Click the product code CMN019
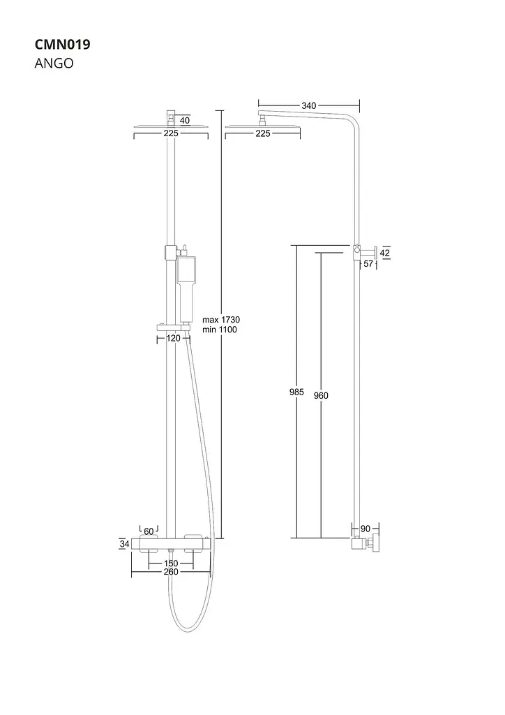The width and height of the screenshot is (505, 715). coord(62,44)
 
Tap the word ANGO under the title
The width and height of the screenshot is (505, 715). coord(54,64)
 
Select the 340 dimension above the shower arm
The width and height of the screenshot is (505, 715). coord(309,106)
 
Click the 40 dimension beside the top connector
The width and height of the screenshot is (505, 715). coord(185,120)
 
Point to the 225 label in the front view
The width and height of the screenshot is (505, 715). coord(171,133)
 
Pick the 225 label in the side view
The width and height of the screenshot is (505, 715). coord(263,133)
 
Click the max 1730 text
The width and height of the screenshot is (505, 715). coord(221,320)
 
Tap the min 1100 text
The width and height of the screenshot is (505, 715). coord(220,330)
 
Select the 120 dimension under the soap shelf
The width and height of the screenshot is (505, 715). coord(173,339)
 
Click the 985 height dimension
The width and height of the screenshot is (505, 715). coord(296,392)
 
